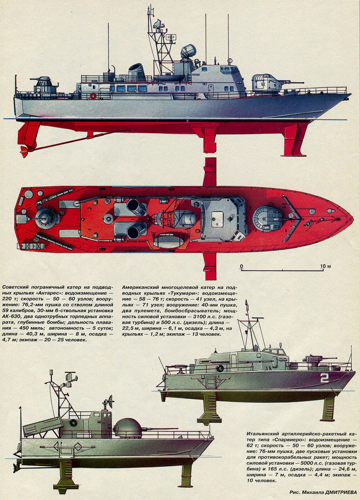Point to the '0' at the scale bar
point(241,266)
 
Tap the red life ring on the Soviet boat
point(93,96)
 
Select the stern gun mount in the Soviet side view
point(45,84)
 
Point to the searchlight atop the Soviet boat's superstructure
point(188,51)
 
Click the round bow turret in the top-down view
point(267,218)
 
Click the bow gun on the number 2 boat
point(313,360)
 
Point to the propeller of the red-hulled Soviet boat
point(24,151)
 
